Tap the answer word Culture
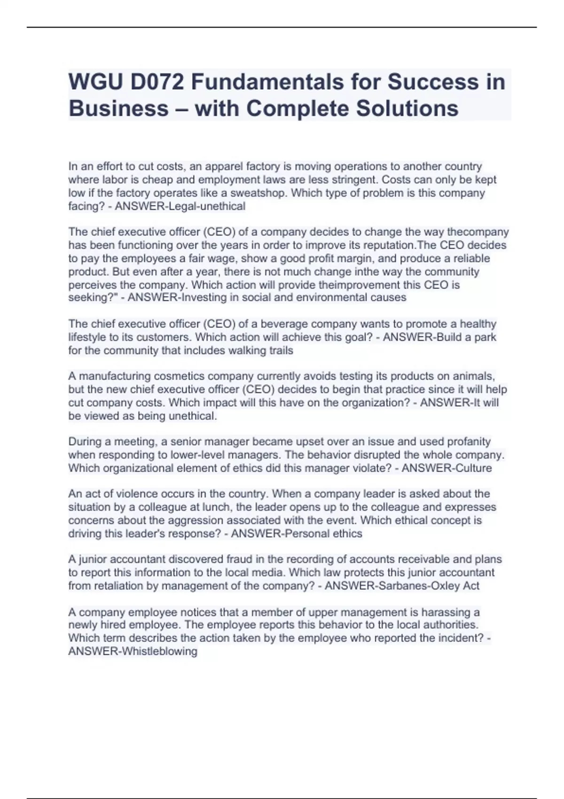point(471,468)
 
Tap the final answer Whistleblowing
point(159,651)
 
